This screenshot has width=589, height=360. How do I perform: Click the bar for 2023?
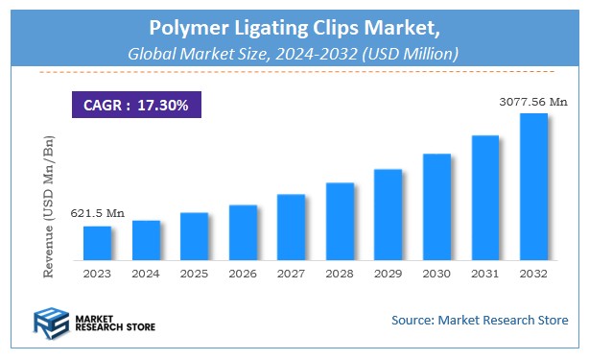(97, 243)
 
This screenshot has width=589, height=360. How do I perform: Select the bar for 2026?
(243, 232)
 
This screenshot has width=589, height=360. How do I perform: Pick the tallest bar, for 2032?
(533, 186)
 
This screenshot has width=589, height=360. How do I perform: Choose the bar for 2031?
(485, 198)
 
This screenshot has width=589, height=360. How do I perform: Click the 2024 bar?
(146, 240)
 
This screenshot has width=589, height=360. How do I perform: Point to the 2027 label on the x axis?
(291, 274)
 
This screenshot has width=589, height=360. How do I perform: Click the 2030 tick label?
(436, 274)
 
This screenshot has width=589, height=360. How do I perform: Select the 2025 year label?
(194, 274)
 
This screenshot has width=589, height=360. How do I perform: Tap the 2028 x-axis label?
(340, 274)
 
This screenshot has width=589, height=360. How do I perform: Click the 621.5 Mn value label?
(97, 213)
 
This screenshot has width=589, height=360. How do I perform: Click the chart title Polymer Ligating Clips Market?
(294, 26)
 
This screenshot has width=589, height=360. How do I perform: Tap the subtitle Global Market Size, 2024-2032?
(294, 52)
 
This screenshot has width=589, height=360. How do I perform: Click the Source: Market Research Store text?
(479, 320)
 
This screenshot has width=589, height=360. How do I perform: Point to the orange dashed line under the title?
(294, 72)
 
